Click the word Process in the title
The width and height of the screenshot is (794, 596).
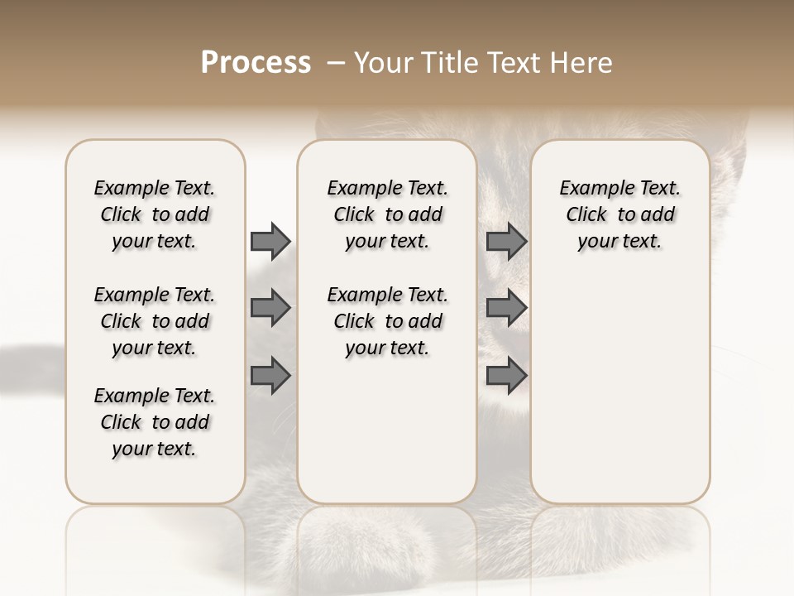tap(256, 63)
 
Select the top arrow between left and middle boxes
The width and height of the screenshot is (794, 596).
tap(270, 241)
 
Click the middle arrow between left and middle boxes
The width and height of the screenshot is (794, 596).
tap(270, 309)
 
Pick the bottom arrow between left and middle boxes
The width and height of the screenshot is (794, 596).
tap(270, 376)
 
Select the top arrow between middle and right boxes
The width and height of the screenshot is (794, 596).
tap(506, 241)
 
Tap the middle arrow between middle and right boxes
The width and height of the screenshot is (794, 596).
tap(506, 309)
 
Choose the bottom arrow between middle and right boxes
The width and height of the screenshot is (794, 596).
tap(506, 376)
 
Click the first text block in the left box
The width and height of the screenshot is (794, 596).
tap(155, 214)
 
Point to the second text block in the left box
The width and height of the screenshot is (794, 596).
tap(155, 321)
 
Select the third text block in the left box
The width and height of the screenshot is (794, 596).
tap(155, 422)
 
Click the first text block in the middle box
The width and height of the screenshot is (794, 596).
tap(387, 214)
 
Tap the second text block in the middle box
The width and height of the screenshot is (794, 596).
tap(387, 321)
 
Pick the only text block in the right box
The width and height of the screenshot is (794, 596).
tap(619, 214)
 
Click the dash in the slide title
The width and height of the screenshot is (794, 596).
tap(336, 64)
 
